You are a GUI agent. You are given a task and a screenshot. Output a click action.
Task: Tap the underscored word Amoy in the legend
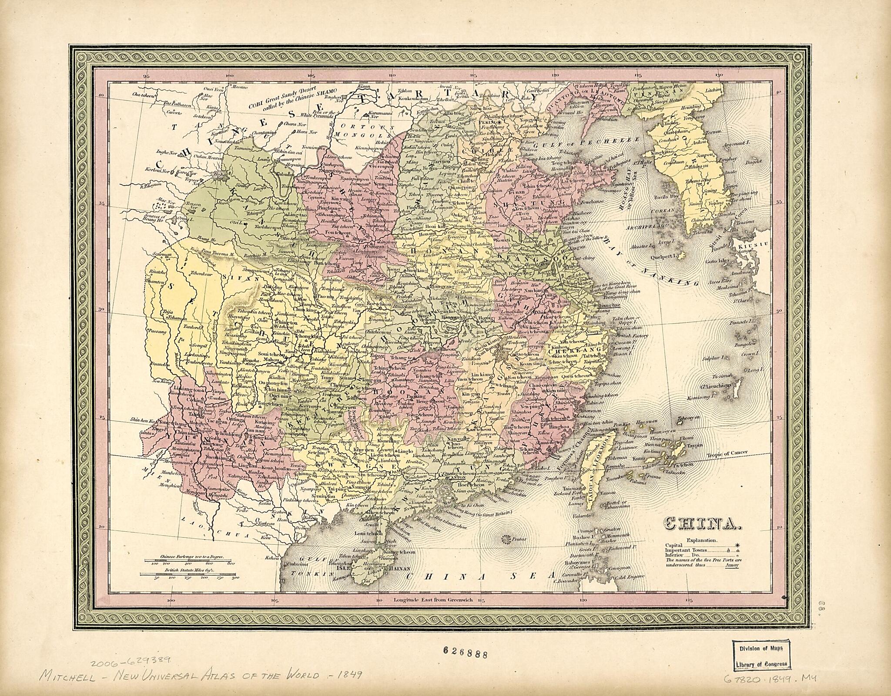(732, 566)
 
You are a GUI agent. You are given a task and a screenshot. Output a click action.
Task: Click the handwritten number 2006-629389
(131, 648)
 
